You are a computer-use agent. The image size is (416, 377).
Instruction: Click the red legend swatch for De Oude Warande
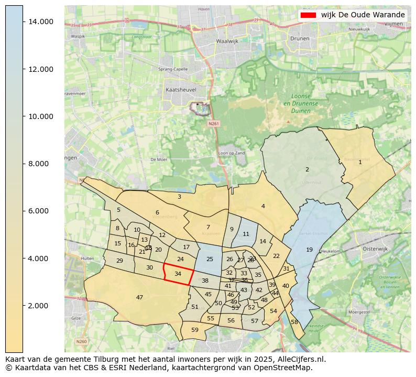coord(308,15)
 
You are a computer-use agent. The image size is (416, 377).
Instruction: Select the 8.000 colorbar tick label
coord(40,164)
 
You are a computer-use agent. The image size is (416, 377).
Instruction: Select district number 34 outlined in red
coord(178,274)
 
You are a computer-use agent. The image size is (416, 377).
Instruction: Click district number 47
coord(139,297)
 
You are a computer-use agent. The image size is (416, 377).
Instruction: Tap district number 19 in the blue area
coord(309,250)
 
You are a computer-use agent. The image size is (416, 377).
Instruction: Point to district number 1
coord(360,162)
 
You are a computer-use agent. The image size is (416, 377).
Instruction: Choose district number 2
coord(307,169)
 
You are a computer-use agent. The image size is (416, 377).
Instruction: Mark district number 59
coord(195,330)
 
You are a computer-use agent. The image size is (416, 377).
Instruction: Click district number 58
coord(294,322)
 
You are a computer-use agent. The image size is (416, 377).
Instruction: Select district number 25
coord(210,259)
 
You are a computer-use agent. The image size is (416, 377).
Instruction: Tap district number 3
coord(179,197)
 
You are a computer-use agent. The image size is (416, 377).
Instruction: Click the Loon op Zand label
coord(231,153)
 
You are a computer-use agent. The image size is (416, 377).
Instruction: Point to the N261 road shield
coord(213,124)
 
